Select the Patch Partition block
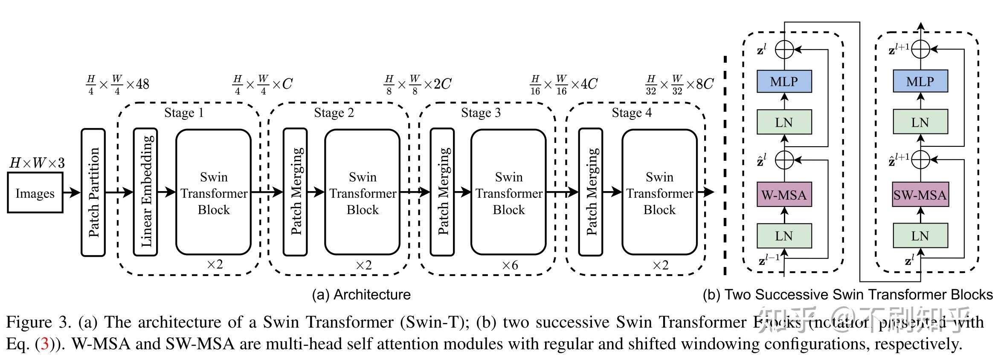tap(93, 192)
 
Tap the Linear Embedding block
tap(145, 192)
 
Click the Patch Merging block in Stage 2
tap(295, 192)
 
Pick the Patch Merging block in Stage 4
tap(590, 192)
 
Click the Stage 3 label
tap(481, 113)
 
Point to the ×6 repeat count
tap(510, 265)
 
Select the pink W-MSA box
tap(784, 195)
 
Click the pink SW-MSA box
tap(920, 195)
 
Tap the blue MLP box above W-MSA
tap(784, 81)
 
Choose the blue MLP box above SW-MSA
tap(920, 81)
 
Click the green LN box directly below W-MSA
tap(784, 236)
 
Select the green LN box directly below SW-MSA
tap(920, 236)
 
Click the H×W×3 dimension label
tap(37, 163)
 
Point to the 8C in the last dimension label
tap(705, 84)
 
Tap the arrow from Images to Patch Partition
tap(72, 192)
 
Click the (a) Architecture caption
tap(361, 295)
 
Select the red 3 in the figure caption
tap(44, 344)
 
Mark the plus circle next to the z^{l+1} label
tap(920, 49)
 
